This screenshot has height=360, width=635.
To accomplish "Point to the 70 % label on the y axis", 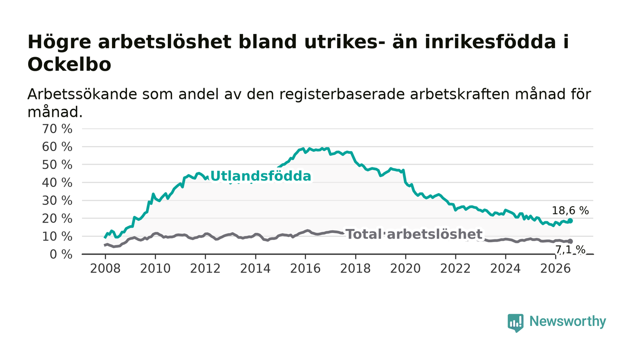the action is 57,129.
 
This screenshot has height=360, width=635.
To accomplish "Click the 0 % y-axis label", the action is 61,254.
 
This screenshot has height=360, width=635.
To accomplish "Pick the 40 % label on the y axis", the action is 57,183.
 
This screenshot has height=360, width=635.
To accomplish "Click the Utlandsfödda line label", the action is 261,176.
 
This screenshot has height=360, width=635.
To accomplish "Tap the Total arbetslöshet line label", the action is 414,234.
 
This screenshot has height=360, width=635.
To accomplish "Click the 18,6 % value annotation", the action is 570,211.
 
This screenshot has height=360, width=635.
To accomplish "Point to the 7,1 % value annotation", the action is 570,250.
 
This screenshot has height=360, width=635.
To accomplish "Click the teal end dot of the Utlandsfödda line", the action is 570,221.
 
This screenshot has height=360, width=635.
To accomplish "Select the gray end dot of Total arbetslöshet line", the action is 570,241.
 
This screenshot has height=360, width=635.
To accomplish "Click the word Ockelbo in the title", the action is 69,64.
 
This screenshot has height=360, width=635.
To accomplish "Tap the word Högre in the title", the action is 59,42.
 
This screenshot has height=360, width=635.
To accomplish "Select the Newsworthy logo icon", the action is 515,323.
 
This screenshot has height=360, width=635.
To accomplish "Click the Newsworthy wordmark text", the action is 567,321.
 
